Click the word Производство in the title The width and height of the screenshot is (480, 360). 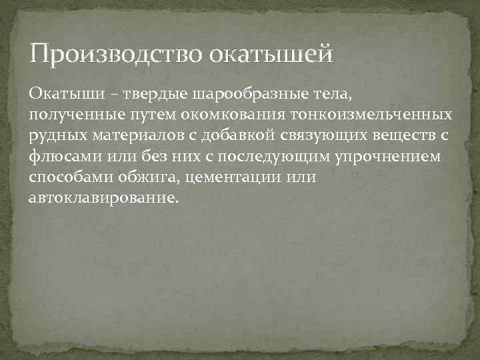tap(114, 53)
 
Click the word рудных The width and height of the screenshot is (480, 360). tap(55, 135)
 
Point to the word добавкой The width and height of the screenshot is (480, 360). tap(218, 135)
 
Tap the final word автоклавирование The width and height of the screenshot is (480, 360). tap(104, 199)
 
